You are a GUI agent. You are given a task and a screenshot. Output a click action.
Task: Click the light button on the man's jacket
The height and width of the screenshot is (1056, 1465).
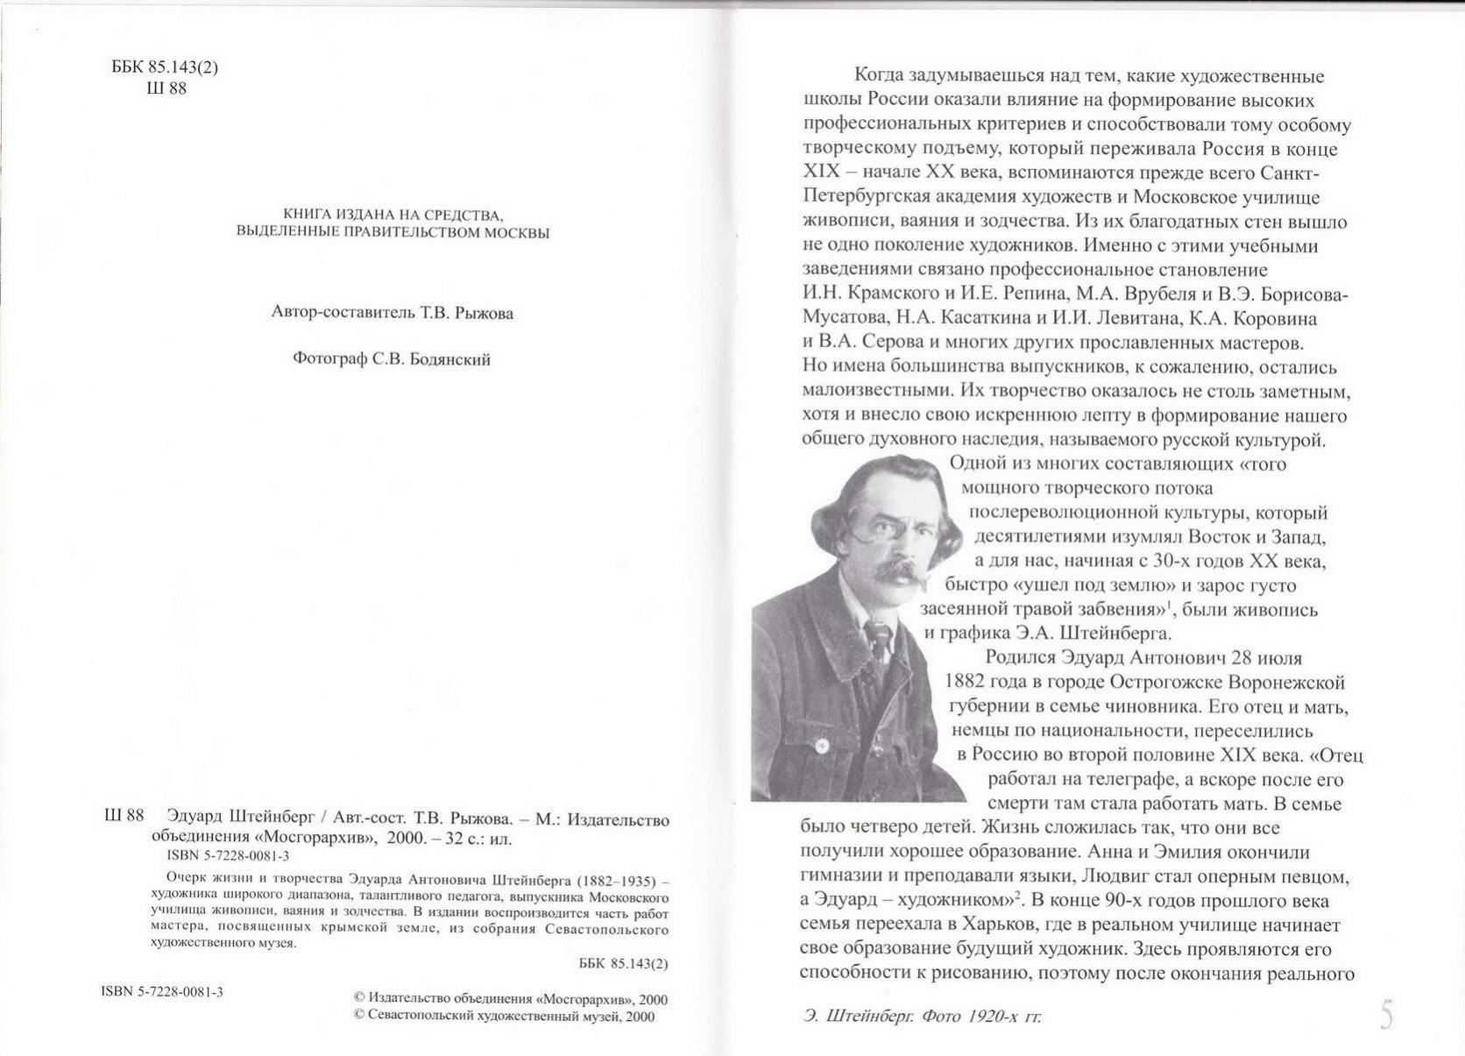(x=823, y=747)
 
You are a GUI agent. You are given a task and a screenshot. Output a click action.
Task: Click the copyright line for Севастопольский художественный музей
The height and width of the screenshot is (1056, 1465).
(x=504, y=1016)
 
